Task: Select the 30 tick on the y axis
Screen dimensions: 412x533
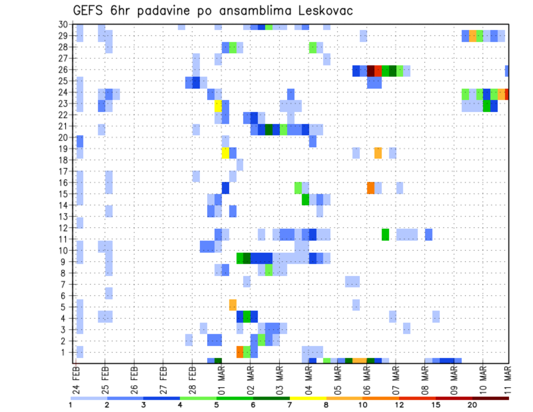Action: click(63, 24)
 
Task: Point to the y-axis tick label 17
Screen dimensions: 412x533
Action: click(63, 171)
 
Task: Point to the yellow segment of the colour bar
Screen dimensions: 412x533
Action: click(308, 398)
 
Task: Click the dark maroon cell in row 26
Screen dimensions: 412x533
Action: click(371, 71)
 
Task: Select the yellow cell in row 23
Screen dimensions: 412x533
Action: click(218, 104)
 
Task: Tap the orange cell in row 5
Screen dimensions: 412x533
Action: click(233, 305)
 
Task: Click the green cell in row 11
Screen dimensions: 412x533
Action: click(385, 234)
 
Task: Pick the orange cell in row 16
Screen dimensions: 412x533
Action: click(371, 188)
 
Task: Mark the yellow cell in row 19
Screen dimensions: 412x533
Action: click(225, 153)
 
